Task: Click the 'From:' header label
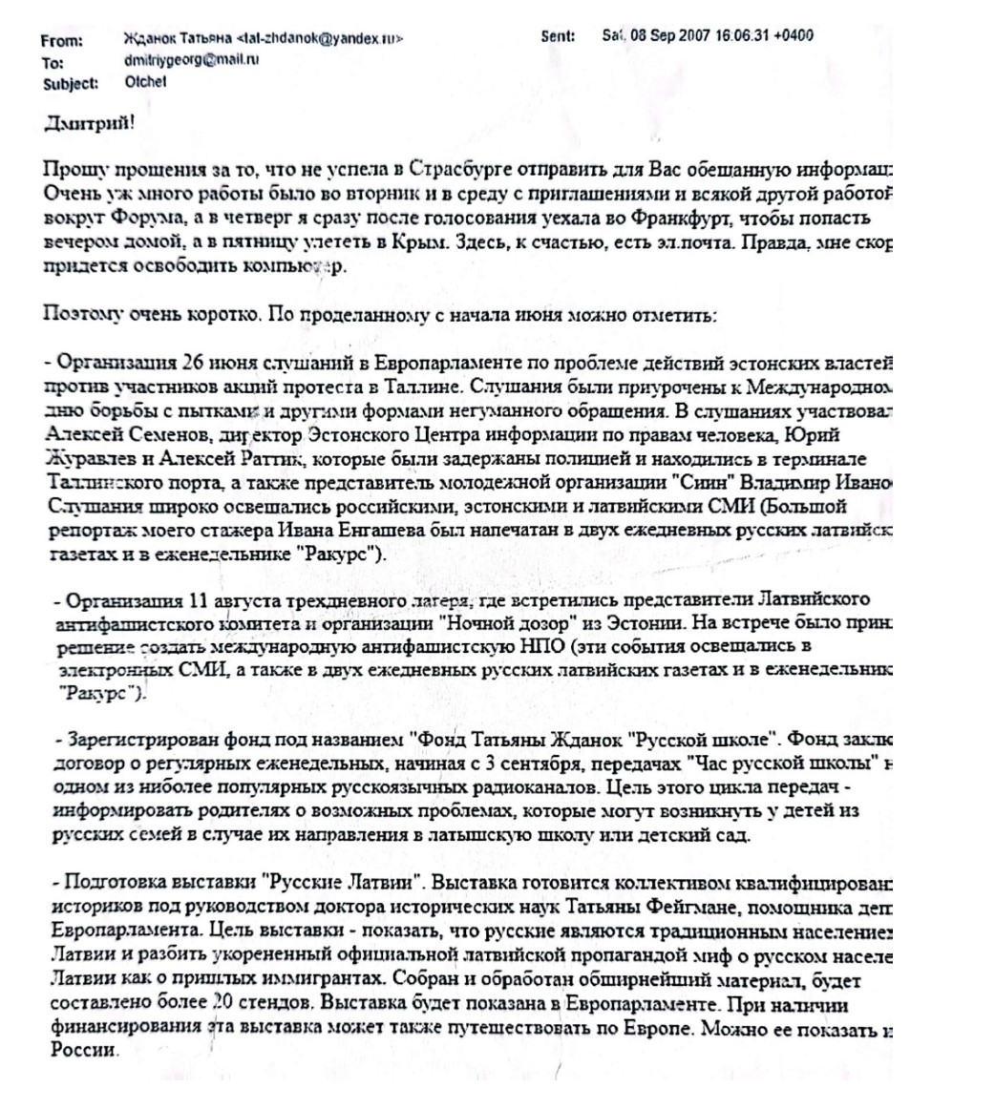pos(62,41)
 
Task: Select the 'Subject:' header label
pos(71,83)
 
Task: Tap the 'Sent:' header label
pos(558,37)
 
